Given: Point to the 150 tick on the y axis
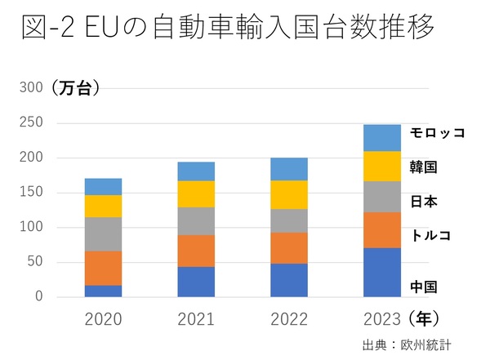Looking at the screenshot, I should click(31, 193).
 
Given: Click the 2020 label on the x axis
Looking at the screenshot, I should click(103, 319).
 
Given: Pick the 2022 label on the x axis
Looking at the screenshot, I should click(289, 319).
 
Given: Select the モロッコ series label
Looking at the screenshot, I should click(437, 132).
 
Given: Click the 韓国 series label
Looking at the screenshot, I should click(423, 167).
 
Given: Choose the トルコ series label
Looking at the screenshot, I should click(430, 236).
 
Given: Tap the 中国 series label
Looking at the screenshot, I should click(423, 287).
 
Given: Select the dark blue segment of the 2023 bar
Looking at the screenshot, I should click(382, 272).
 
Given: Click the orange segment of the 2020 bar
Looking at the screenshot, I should click(103, 268).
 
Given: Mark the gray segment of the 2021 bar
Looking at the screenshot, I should click(196, 220).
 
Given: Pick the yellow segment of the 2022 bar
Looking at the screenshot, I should click(289, 194).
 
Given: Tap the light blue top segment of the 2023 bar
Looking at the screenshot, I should click(382, 138).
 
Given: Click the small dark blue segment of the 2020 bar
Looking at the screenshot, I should click(103, 291).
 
